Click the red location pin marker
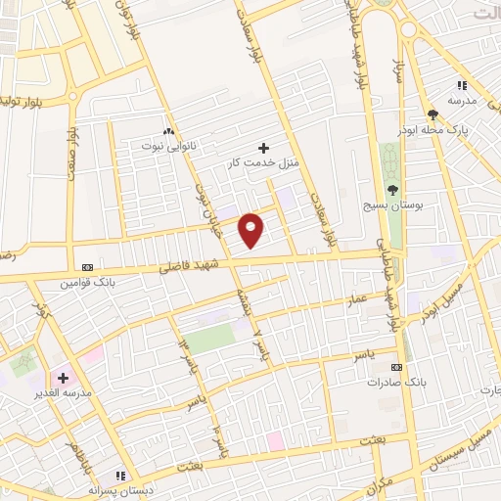pos(252,230)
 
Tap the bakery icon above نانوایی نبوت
pos(168,131)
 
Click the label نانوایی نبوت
pos(166,145)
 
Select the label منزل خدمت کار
pos(261,160)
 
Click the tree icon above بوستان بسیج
pos(392,190)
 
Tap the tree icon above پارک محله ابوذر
pos(433,114)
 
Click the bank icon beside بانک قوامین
pos(89,266)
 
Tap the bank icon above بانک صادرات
pos(396,367)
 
